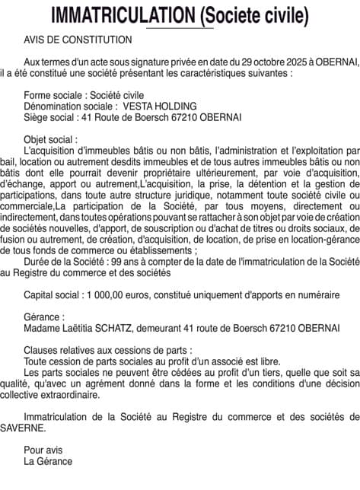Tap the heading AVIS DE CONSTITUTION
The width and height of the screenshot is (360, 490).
click(78, 39)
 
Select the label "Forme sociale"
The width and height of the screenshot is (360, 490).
click(54, 95)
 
